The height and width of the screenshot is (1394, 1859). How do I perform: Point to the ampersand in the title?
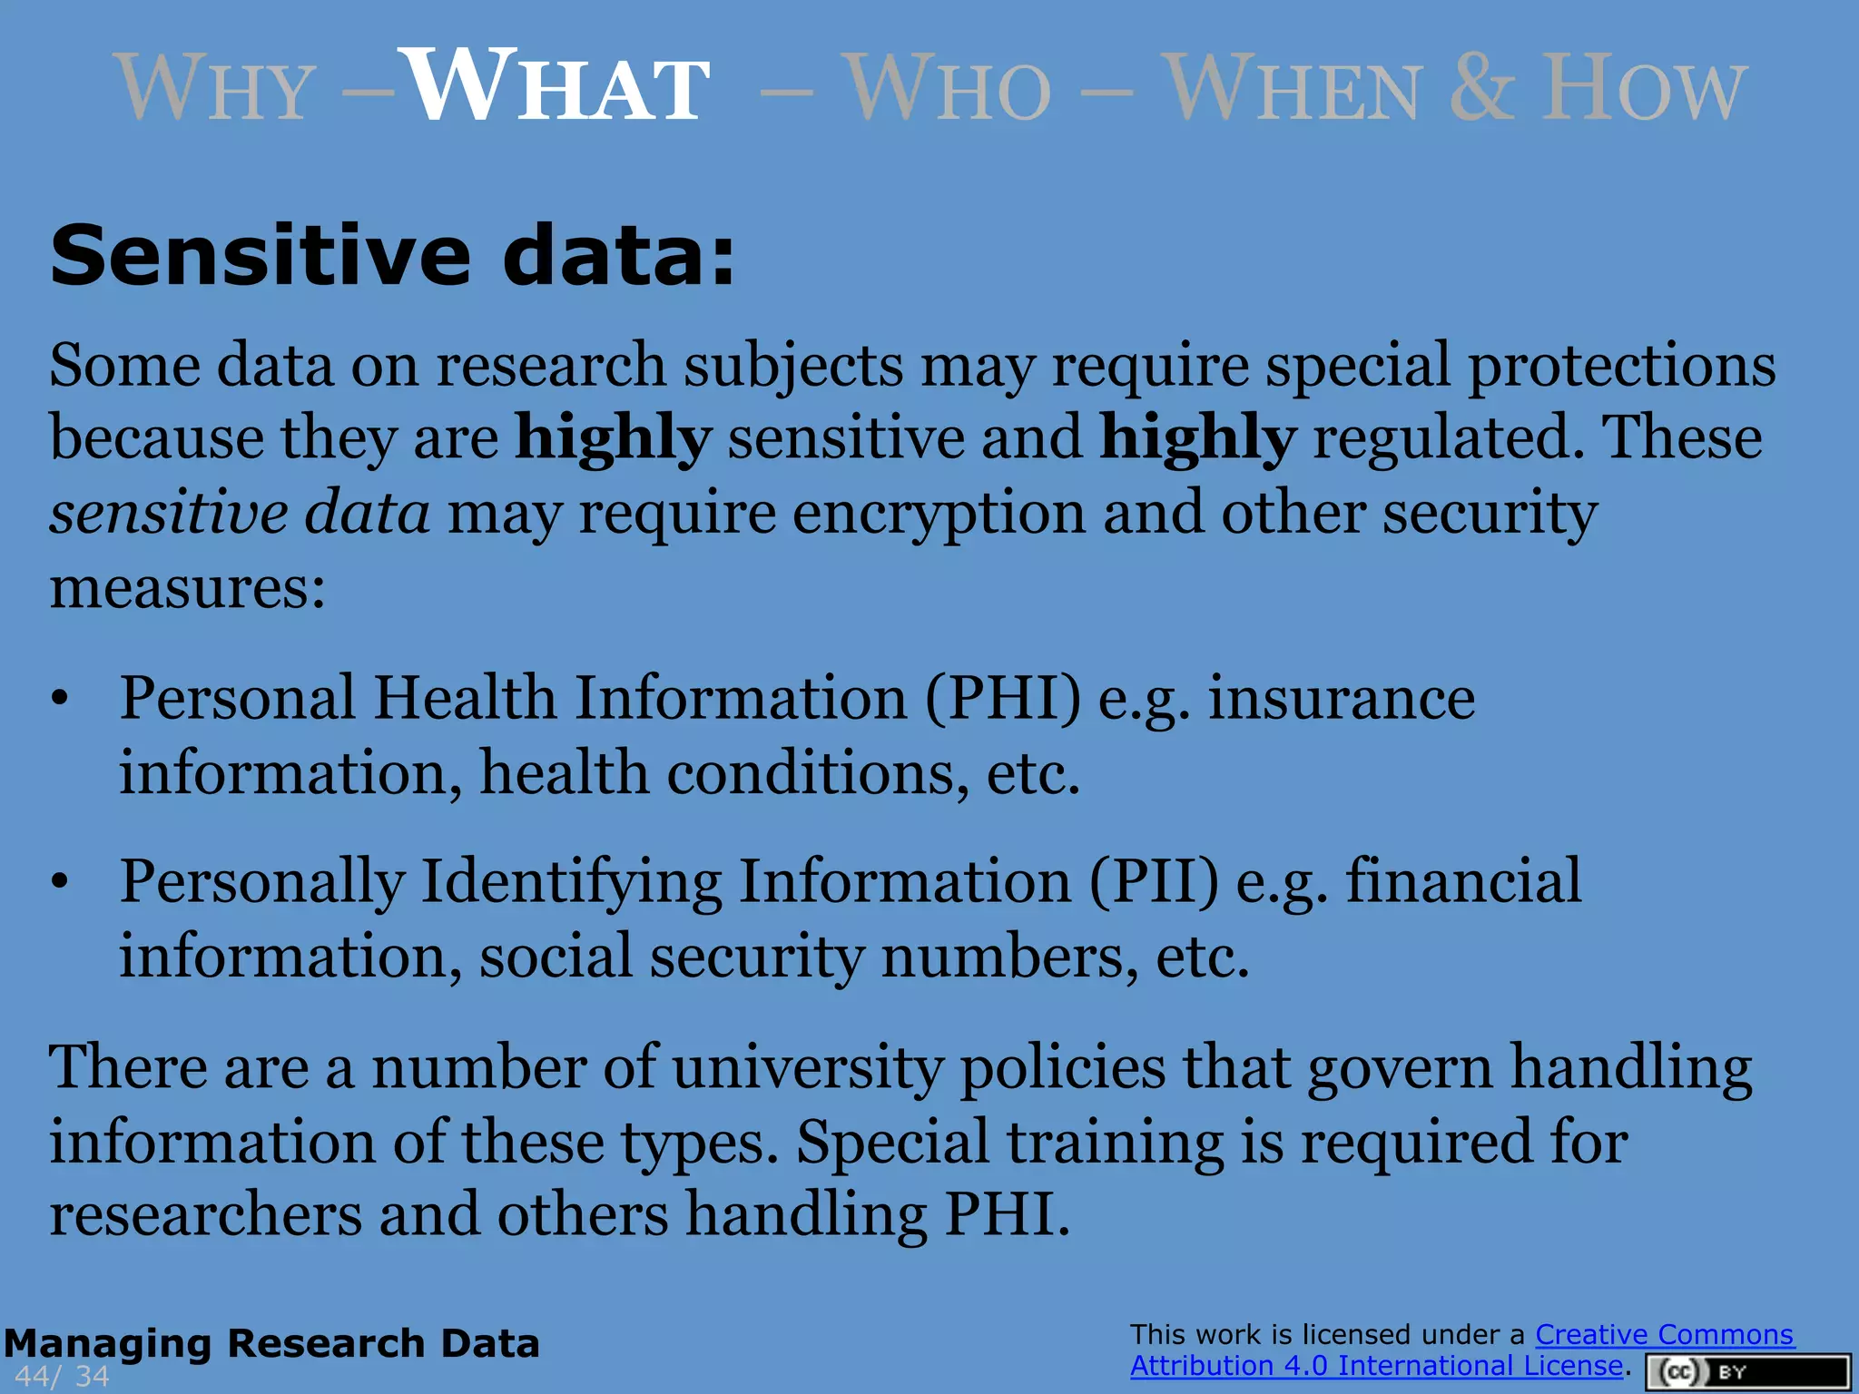[x=1481, y=88]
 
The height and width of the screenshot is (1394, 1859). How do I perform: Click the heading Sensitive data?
[x=392, y=256]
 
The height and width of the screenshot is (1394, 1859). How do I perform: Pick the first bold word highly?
[x=613, y=438]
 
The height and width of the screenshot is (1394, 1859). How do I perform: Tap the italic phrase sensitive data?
[x=240, y=513]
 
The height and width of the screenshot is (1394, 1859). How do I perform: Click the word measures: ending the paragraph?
[x=187, y=588]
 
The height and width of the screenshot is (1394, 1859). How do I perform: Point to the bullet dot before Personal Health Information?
[x=60, y=699]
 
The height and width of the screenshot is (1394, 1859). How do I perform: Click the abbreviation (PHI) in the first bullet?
[x=1003, y=699]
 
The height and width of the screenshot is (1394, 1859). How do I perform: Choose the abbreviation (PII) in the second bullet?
[x=1154, y=882]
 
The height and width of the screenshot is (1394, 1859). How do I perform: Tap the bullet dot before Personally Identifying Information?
[x=60, y=882]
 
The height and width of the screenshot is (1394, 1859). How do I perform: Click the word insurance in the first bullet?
[x=1341, y=699]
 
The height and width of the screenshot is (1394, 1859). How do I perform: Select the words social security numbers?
[x=802, y=957]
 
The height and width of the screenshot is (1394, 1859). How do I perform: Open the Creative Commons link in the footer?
[x=1664, y=1335]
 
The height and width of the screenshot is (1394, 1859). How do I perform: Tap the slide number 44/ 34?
[x=62, y=1377]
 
